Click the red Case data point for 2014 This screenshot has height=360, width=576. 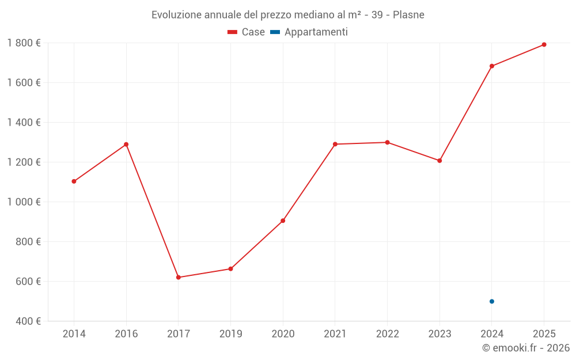click(74, 181)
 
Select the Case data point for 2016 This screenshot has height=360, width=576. click(126, 145)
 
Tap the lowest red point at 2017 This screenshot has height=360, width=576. click(179, 277)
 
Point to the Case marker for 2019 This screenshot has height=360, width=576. click(231, 269)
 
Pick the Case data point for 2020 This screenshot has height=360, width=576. click(283, 221)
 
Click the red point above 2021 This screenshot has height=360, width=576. click(335, 144)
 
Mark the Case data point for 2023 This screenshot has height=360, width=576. click(439, 161)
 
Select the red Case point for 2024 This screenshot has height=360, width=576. click(492, 66)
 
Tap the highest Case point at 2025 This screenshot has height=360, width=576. click(544, 44)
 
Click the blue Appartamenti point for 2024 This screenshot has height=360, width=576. click(492, 301)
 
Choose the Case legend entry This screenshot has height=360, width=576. click(247, 32)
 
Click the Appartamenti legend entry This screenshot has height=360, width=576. click(309, 32)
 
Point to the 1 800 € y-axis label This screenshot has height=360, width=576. click(24, 43)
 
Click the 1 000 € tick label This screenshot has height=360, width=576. click(24, 202)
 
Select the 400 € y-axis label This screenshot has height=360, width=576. click(28, 321)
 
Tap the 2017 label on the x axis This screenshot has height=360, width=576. click(179, 334)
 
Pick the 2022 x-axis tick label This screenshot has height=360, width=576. click(387, 334)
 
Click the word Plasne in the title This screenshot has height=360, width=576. click(408, 15)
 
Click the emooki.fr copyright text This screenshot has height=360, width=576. click(526, 348)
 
